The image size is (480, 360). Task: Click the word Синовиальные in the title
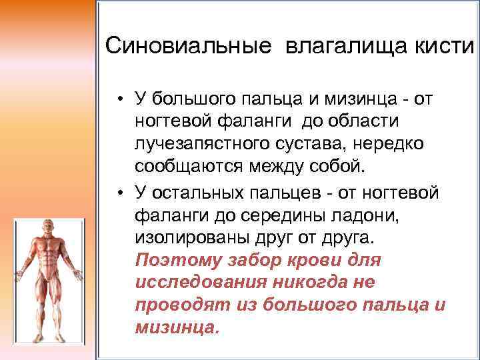tap(189, 47)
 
